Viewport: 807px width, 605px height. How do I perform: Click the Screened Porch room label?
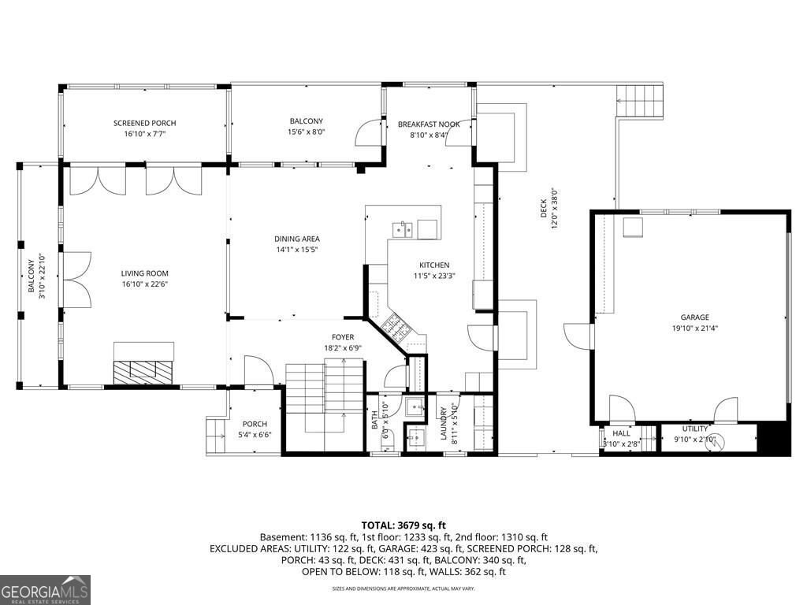[144, 123]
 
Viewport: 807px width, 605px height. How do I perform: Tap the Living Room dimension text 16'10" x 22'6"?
[145, 284]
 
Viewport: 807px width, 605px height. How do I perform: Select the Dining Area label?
[296, 239]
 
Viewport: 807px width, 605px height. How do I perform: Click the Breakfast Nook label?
[428, 124]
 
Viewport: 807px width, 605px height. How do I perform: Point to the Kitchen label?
[434, 265]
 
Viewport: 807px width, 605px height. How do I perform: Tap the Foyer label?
[342, 337]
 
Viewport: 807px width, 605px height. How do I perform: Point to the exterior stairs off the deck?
[642, 101]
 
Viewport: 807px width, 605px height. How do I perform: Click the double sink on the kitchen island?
[403, 229]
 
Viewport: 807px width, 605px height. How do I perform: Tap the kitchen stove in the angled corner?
[392, 325]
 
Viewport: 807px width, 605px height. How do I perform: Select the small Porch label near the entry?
[255, 424]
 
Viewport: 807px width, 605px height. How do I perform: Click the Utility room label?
[695, 429]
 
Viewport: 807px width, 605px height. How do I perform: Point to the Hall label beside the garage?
[622, 433]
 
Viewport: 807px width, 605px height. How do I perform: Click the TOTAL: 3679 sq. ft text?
[403, 525]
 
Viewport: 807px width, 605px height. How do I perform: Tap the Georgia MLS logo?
[46, 590]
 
